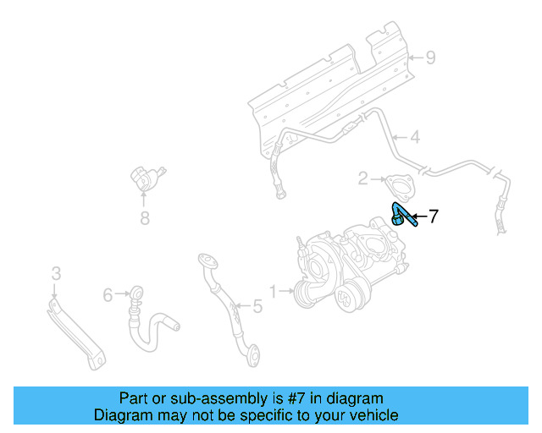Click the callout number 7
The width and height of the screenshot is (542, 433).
[433, 216]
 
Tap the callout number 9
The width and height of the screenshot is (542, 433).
[430, 58]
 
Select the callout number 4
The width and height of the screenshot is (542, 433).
[415, 137]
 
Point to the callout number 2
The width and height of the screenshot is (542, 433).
[362, 178]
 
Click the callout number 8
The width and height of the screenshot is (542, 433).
[144, 220]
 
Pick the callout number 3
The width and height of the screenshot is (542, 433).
[56, 273]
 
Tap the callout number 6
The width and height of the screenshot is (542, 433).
[108, 294]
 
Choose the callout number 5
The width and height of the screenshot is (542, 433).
[257, 307]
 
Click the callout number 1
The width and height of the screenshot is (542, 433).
[273, 292]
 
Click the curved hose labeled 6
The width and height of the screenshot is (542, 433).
[152, 326]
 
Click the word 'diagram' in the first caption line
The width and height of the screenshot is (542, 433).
[356, 397]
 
